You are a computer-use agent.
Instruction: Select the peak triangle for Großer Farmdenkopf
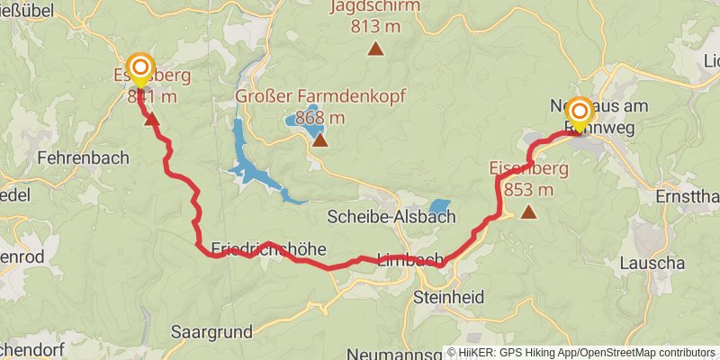(x=319, y=140)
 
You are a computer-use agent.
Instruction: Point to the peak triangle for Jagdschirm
(x=375, y=49)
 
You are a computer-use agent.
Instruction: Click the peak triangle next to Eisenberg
(x=528, y=213)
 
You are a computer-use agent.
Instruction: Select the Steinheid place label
(x=449, y=296)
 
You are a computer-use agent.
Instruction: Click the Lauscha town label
(x=652, y=264)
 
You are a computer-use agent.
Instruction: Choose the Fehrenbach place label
(x=83, y=157)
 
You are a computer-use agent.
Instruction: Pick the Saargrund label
(x=211, y=331)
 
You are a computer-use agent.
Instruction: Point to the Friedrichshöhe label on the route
(x=268, y=248)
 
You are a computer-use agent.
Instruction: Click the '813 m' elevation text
(x=375, y=26)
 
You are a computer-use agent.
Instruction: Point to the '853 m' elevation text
(x=528, y=189)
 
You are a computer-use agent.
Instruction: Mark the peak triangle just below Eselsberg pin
(x=152, y=119)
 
